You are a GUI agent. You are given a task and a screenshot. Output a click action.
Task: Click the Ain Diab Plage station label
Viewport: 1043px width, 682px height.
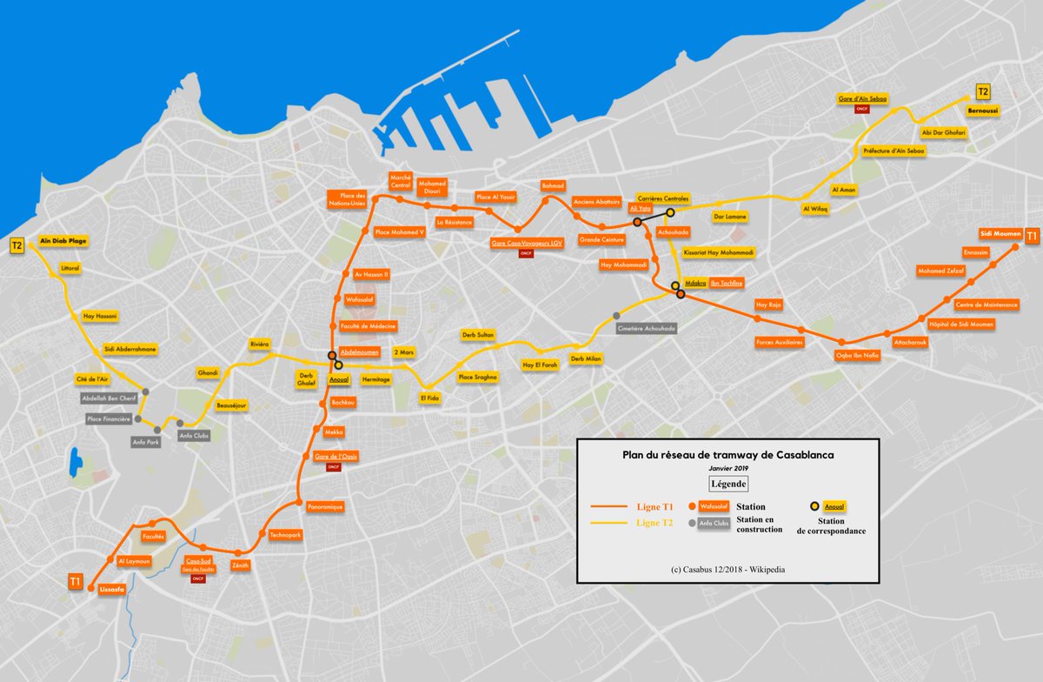63,240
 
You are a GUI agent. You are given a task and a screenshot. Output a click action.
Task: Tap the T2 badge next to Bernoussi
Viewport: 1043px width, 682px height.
983,91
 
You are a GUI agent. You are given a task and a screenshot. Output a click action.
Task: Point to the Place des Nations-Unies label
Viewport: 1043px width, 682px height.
347,199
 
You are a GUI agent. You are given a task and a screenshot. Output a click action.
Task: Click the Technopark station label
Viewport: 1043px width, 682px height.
285,535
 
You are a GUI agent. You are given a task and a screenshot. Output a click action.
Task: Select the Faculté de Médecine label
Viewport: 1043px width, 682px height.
368,325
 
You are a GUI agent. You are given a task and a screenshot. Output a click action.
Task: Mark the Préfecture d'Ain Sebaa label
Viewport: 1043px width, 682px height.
894,150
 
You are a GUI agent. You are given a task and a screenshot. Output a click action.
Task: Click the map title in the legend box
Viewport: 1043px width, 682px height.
728,453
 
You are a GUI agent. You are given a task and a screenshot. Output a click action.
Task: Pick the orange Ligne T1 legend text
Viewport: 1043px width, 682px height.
654,507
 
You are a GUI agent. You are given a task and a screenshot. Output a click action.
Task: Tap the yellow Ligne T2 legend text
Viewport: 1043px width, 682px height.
654,523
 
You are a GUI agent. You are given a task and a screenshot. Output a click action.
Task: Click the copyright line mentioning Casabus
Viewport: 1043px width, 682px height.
727,569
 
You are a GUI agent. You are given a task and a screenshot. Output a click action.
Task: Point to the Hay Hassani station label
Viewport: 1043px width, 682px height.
100,316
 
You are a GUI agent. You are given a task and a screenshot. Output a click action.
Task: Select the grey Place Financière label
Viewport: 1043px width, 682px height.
109,418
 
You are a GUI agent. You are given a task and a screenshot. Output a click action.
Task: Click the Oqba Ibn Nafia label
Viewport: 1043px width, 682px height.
857,355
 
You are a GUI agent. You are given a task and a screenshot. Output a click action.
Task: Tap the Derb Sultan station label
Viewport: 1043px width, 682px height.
478,334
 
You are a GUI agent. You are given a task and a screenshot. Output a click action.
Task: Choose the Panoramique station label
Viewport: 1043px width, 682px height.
326,506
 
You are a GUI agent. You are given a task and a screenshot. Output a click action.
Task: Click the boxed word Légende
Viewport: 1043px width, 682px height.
728,483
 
